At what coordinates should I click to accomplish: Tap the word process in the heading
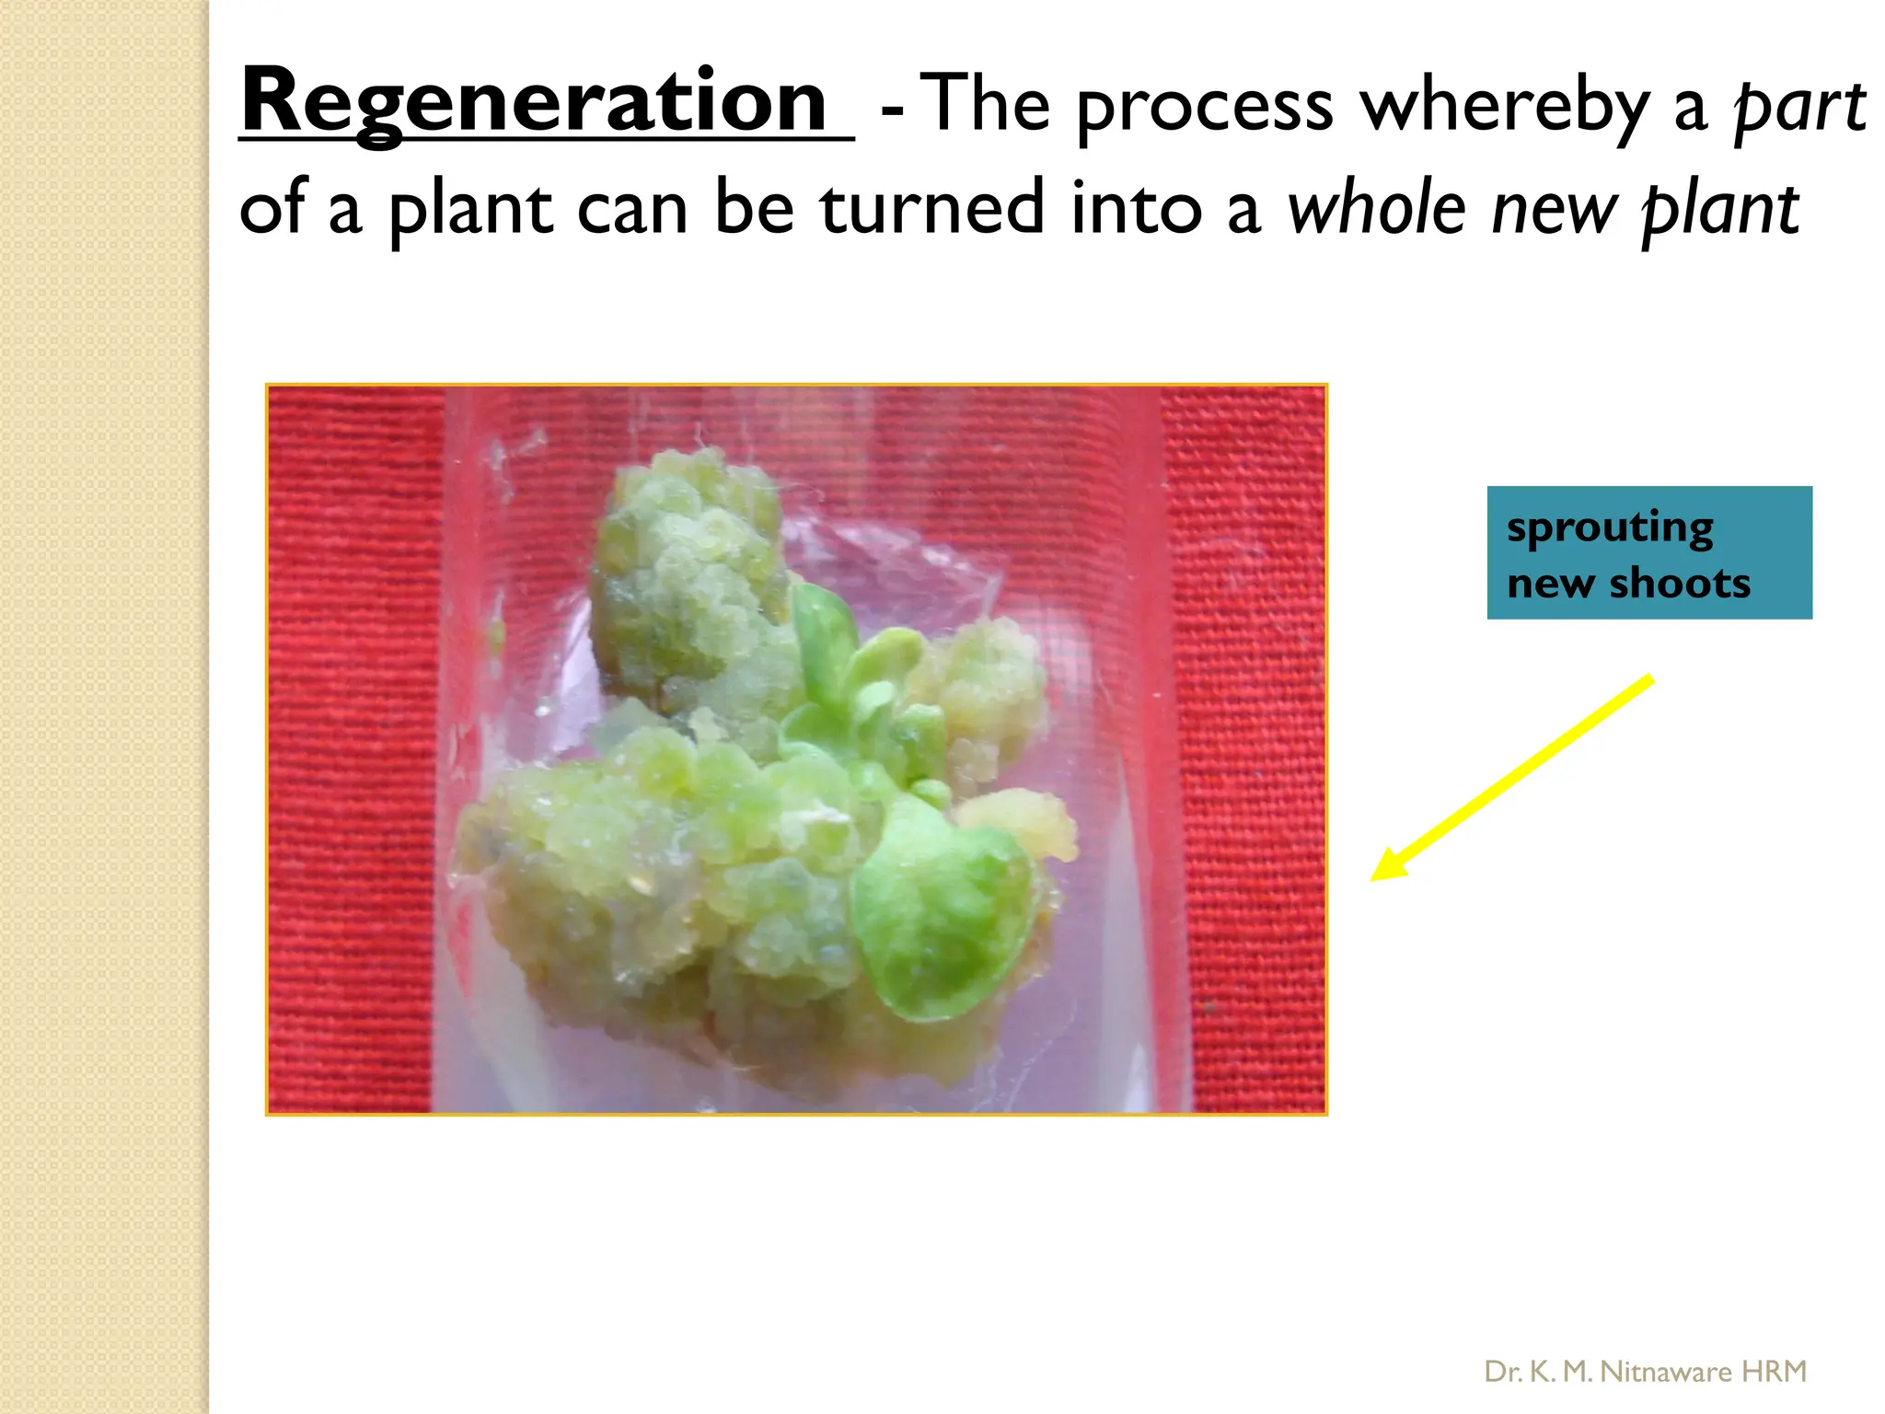point(1204,107)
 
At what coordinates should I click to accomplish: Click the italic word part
point(1798,107)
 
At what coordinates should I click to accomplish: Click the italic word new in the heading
point(1554,210)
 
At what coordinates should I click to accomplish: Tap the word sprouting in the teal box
point(1609,528)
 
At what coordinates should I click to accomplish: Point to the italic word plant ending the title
point(1719,210)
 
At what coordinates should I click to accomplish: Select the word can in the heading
point(632,210)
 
